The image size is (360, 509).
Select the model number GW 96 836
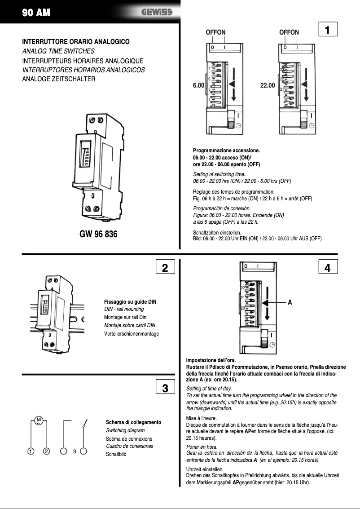[98, 234]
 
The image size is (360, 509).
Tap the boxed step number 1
[328, 30]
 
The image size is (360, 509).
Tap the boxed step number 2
[165, 268]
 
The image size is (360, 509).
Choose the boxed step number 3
[165, 388]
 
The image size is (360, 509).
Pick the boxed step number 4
[328, 268]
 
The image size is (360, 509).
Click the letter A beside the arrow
[290, 303]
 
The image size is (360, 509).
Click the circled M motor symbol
[39, 420]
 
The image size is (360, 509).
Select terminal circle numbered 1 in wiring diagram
[30, 451]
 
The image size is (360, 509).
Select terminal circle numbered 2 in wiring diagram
[46, 451]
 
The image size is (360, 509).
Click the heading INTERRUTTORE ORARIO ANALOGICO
[76, 42]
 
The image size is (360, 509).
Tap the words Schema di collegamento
[133, 422]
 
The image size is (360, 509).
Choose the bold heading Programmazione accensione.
[226, 150]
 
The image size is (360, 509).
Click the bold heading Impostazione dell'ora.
[211, 360]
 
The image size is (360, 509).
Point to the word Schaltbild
[116, 454]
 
